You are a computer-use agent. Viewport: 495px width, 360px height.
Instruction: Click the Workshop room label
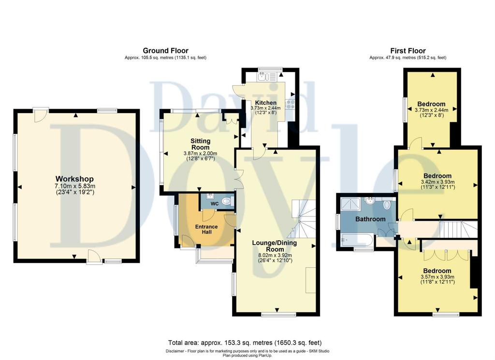(x=74, y=179)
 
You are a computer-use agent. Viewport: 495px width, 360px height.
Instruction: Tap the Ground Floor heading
(x=165, y=50)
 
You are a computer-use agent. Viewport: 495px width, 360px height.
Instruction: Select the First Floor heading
(x=408, y=50)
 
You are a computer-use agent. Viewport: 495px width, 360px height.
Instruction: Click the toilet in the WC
(x=227, y=201)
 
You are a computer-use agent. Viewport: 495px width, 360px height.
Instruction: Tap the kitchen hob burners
(x=290, y=104)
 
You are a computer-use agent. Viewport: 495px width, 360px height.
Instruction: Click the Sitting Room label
(x=201, y=144)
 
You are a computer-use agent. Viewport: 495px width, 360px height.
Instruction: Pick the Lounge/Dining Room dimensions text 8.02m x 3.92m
(x=275, y=255)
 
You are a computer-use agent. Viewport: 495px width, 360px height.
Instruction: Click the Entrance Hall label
(x=206, y=229)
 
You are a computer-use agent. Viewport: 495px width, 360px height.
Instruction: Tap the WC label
(x=215, y=204)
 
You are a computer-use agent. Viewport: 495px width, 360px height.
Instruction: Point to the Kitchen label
(x=265, y=102)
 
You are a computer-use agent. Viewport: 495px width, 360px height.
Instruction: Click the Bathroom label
(x=370, y=219)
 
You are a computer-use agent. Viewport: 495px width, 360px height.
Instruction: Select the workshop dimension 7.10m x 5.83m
(x=75, y=186)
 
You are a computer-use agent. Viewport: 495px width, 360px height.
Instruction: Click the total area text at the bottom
(x=245, y=343)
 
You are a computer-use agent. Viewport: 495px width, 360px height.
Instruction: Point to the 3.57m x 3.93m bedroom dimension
(x=437, y=277)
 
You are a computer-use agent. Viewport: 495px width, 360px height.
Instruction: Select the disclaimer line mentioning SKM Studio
(x=247, y=351)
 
